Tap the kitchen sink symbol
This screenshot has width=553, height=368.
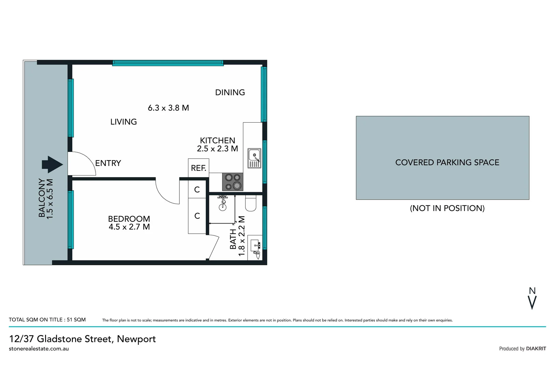(254, 158)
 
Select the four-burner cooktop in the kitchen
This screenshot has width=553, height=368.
(233, 182)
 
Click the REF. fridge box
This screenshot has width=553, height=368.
(199, 168)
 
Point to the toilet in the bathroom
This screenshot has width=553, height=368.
(251, 204)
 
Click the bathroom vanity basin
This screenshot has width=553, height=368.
(256, 245)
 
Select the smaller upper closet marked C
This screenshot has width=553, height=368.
(197, 189)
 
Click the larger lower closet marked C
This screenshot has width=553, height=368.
(197, 216)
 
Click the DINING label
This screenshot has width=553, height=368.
(230, 92)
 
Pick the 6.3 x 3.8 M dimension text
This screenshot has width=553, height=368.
(168, 108)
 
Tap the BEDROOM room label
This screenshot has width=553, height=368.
(129, 219)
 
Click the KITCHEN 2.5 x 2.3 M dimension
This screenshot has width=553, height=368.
(217, 149)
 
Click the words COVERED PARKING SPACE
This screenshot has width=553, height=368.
(447, 163)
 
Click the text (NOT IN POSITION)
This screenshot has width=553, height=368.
(447, 208)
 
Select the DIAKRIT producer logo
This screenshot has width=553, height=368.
(536, 349)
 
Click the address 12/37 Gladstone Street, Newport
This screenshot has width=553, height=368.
(83, 339)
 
